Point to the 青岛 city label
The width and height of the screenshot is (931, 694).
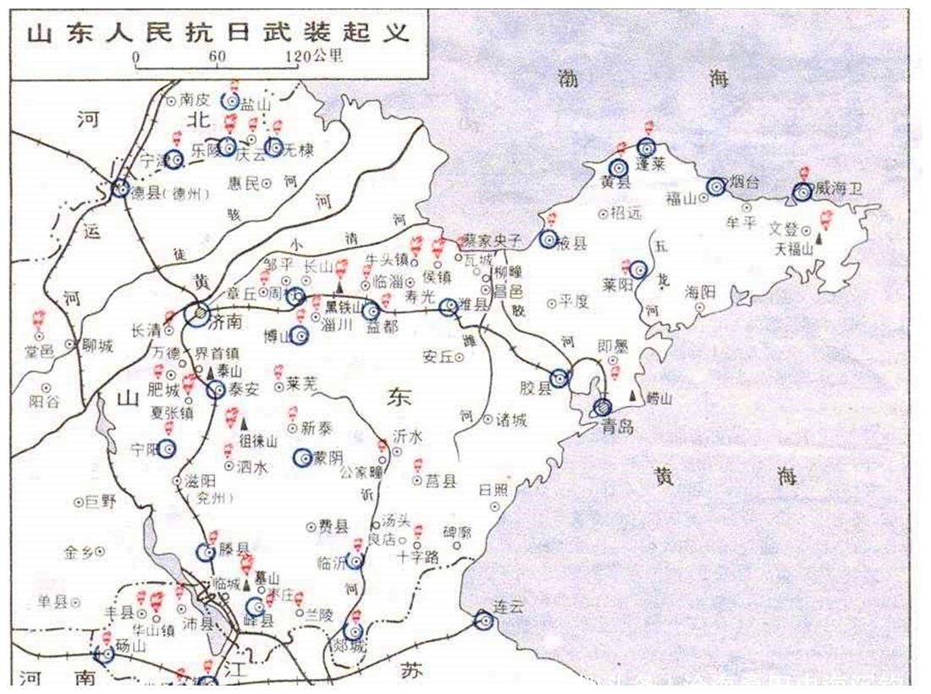pyautogui.click(x=619, y=426)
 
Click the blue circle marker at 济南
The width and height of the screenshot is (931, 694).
pyautogui.click(x=197, y=314)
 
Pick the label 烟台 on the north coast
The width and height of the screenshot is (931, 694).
pyautogui.click(x=746, y=182)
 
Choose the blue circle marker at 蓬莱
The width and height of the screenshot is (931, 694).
pyautogui.click(x=647, y=147)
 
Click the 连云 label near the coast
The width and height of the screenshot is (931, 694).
pyautogui.click(x=511, y=607)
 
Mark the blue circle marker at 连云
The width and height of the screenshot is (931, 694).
pyautogui.click(x=483, y=620)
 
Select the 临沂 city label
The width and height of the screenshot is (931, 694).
pyautogui.click(x=331, y=561)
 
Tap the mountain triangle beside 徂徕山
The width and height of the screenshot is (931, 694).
pyautogui.click(x=245, y=422)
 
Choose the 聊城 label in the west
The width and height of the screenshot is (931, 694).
pyautogui.click(x=95, y=345)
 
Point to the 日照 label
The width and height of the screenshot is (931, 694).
pyautogui.click(x=495, y=489)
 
